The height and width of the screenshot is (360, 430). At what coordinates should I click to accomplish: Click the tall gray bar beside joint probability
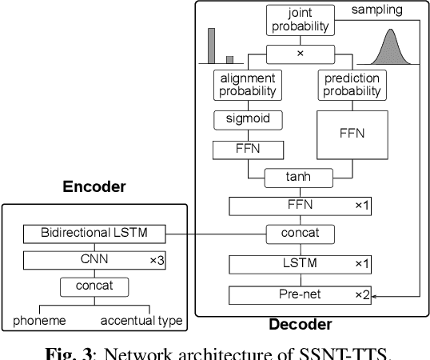[213, 46]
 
